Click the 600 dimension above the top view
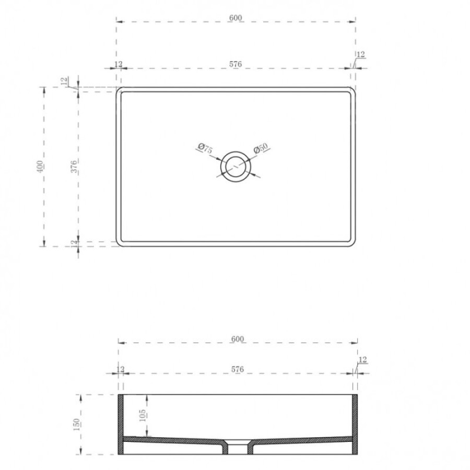pos(236,18)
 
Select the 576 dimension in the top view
pos(236,64)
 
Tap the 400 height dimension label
pos(40,167)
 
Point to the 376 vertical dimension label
pos(74,167)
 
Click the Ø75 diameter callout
pos(205,148)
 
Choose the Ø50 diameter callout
pos(260,148)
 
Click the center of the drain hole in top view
pos(236,167)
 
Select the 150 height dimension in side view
pos(76,425)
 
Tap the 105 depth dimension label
pos(143,416)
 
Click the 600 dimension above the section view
pos(238,339)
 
